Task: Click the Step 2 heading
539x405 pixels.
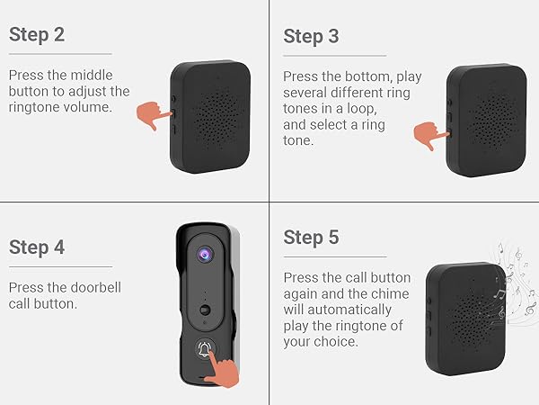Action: [x=37, y=35]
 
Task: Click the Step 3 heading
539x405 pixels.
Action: [x=311, y=37]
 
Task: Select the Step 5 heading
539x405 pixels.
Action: [x=311, y=238]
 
